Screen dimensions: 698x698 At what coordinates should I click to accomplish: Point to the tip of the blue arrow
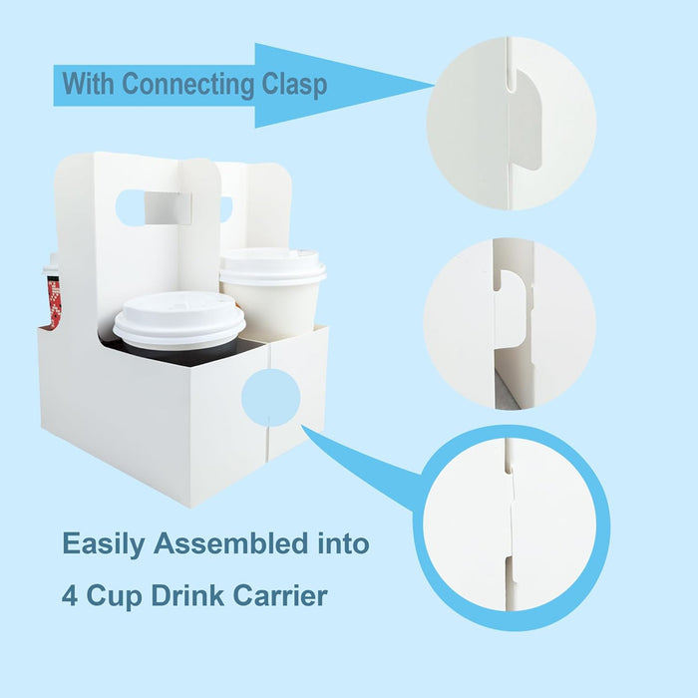[431, 85]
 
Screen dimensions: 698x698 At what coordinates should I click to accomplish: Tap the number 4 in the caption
[71, 596]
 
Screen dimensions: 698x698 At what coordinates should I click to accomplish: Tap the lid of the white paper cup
[272, 266]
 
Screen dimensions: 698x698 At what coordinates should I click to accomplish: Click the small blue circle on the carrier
[270, 395]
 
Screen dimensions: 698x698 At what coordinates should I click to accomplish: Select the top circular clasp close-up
[511, 124]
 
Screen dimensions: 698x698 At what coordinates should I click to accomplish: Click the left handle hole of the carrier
[131, 207]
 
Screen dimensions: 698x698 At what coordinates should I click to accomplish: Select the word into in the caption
[341, 544]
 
